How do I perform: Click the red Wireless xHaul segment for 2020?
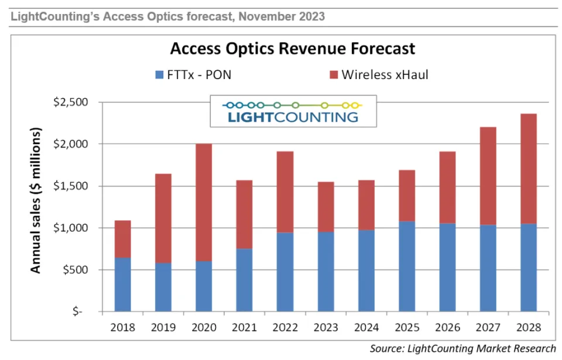tap(204, 202)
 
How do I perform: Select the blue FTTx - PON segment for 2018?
tap(122, 284)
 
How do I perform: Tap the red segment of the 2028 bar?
tap(528, 169)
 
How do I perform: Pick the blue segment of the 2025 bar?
tap(407, 266)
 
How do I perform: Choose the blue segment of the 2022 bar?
tap(285, 272)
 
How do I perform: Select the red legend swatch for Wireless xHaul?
tap(334, 75)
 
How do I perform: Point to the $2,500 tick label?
tap(70, 102)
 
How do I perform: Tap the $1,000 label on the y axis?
tap(70, 228)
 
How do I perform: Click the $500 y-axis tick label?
tap(74, 270)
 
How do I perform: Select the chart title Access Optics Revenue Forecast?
tap(292, 48)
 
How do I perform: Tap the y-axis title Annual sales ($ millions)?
tap(36, 201)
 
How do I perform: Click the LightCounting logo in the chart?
tap(292, 111)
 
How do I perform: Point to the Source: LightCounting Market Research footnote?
tap(462, 349)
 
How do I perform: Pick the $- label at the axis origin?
tap(78, 311)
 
